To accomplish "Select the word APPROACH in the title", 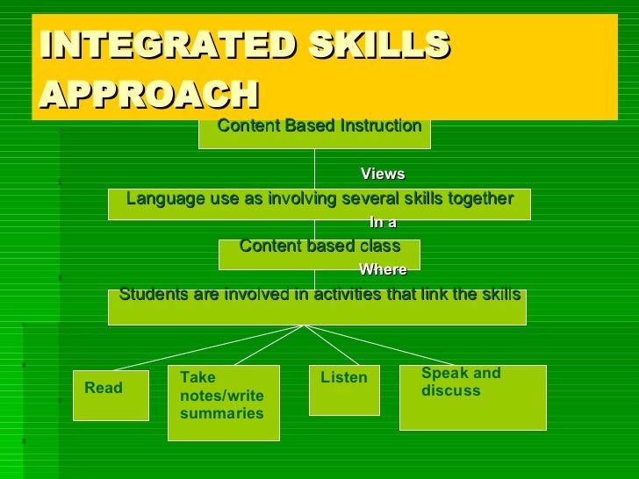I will click(149, 94).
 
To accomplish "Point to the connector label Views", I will click(383, 174).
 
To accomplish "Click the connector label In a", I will click(383, 223).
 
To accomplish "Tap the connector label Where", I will click(383, 270).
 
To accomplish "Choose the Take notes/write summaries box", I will click(223, 402).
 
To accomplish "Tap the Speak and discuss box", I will click(472, 397).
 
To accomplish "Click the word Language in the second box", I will click(162, 199).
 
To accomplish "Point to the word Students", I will click(150, 295).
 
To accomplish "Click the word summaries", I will click(221, 413).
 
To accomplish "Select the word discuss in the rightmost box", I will click(451, 391).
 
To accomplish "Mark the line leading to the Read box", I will click(206, 347).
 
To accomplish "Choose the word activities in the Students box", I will click(333, 295).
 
